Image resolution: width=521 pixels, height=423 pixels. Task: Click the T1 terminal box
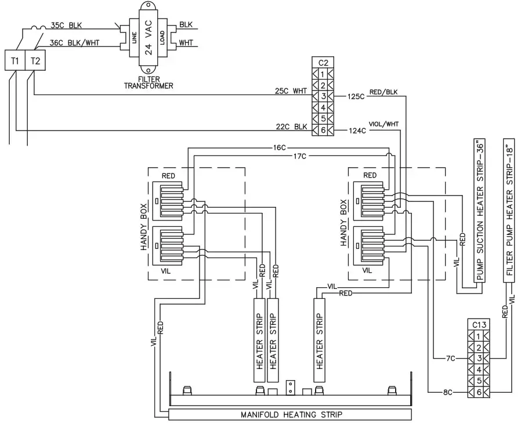click(15, 60)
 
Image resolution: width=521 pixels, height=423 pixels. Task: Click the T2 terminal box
click(35, 60)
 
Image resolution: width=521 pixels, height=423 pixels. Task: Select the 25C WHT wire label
click(291, 91)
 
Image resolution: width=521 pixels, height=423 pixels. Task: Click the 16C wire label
click(280, 147)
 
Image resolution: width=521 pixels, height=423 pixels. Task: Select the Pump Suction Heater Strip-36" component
click(480, 211)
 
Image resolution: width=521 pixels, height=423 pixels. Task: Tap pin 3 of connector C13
click(477, 358)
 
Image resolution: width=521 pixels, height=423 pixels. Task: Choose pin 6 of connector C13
click(477, 392)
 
